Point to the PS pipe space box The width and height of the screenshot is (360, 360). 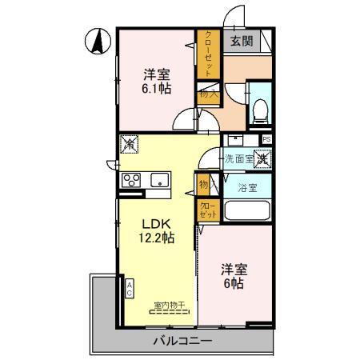(x=266, y=139)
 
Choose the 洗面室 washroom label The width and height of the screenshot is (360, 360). (x=238, y=158)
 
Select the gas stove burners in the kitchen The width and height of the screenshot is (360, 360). (x=131, y=181)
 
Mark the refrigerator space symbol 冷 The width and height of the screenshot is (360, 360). (x=128, y=146)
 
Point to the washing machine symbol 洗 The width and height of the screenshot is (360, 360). (x=263, y=158)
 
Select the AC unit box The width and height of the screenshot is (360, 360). (x=128, y=288)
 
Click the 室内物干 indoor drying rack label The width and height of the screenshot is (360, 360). (x=170, y=304)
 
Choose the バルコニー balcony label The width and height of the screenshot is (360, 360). (x=182, y=342)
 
